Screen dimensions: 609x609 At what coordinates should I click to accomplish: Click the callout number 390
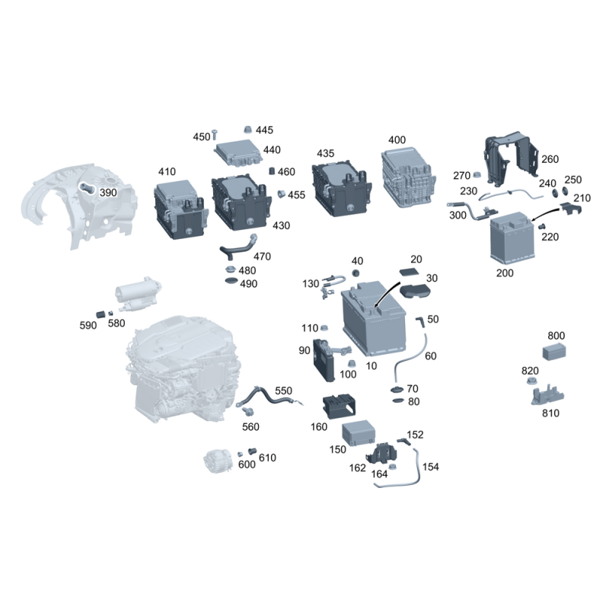click(108, 193)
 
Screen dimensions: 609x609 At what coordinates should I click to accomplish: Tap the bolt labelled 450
click(215, 135)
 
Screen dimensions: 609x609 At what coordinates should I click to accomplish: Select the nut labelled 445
click(248, 129)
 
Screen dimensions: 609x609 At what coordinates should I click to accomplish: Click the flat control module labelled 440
click(238, 153)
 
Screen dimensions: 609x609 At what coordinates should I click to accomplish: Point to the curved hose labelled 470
click(238, 248)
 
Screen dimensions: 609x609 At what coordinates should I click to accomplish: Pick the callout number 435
click(326, 154)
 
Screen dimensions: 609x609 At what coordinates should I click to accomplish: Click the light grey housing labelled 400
click(408, 177)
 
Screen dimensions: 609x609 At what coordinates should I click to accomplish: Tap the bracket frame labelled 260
click(510, 159)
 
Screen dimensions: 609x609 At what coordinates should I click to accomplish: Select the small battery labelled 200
click(512, 238)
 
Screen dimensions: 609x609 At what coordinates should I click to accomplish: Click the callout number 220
click(550, 237)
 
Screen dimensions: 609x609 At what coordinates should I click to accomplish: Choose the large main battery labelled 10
click(374, 317)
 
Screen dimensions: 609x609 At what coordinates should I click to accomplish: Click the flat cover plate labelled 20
click(410, 272)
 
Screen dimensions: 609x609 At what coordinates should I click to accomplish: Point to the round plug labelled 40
click(356, 273)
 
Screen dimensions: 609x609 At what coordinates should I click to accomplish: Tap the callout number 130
click(311, 284)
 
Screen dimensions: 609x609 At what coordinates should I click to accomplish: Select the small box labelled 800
click(554, 352)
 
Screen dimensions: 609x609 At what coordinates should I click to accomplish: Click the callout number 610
click(267, 458)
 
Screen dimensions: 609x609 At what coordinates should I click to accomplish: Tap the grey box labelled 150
click(359, 432)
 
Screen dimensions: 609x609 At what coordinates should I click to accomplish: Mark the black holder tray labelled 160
click(339, 407)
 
